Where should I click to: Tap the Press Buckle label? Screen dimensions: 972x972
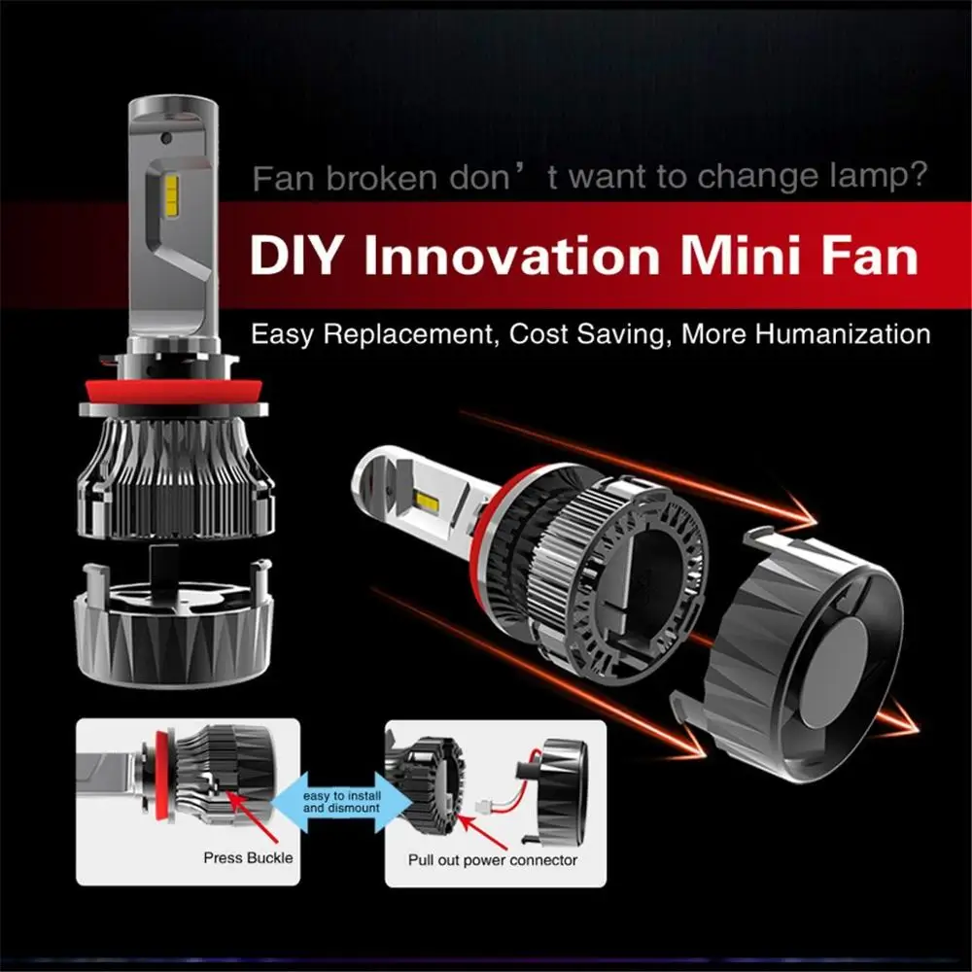pos(248,858)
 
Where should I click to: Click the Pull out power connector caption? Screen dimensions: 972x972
pos(493,859)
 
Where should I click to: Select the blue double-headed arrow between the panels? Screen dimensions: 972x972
pos(339,801)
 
